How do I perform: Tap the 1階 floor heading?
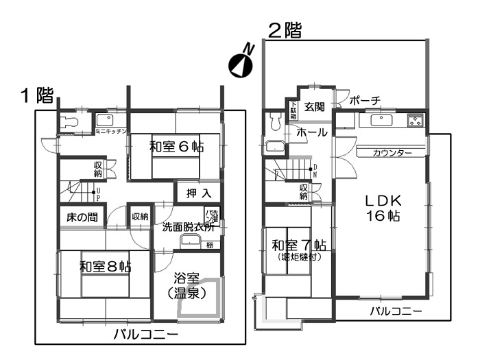[x=36, y=95]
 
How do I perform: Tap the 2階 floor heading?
[x=284, y=30]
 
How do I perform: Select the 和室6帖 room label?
[x=176, y=146]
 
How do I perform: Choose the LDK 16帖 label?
[x=382, y=208]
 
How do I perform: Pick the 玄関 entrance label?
[x=315, y=106]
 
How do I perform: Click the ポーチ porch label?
[x=365, y=101]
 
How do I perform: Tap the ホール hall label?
[x=311, y=134]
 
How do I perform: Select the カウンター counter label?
[x=392, y=152]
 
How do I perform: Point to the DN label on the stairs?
[x=315, y=171]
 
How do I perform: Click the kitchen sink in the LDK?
[x=380, y=121]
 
